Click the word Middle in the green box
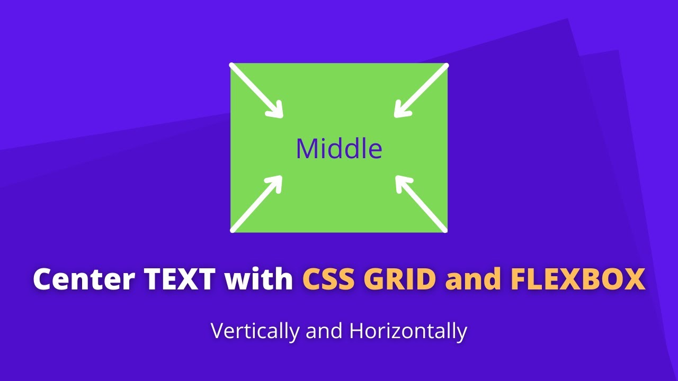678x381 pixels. coord(339,149)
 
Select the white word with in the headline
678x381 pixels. coord(259,279)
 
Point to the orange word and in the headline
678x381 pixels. coord(475,279)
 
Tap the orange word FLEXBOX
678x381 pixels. coord(578,279)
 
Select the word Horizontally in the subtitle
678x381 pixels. coord(408,331)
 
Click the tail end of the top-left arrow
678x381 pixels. coord(232,66)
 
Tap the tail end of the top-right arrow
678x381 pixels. coord(446,66)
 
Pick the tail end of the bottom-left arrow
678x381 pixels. coord(233,230)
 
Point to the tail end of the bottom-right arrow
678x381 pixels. coord(445,230)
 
